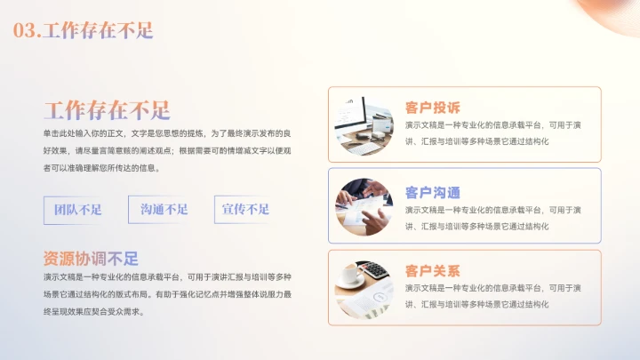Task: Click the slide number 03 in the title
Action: (x=26, y=30)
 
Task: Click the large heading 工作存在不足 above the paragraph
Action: (x=107, y=110)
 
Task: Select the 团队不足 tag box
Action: (x=78, y=210)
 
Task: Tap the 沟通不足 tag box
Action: (x=164, y=210)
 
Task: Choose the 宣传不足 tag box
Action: (x=245, y=210)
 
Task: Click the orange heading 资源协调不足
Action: (x=92, y=260)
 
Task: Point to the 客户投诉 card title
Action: (x=432, y=108)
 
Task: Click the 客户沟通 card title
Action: (x=432, y=192)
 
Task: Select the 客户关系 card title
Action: (x=432, y=270)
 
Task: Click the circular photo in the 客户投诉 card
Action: (x=364, y=124)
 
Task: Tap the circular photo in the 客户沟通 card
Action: (x=364, y=207)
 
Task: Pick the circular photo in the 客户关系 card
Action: (x=364, y=289)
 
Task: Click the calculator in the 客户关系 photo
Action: (x=377, y=270)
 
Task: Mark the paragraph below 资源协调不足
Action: (x=166, y=294)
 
